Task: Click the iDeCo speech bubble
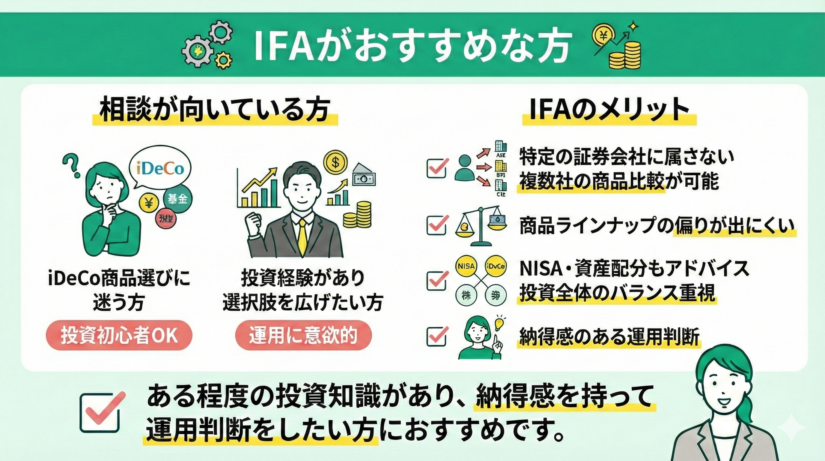click(x=160, y=169)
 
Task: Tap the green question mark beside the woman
click(x=72, y=165)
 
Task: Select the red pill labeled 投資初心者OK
click(x=119, y=336)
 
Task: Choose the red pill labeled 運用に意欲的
click(x=303, y=336)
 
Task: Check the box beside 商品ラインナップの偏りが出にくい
click(x=436, y=225)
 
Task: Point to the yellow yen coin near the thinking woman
click(x=149, y=202)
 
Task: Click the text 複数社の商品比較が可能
click(x=618, y=182)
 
